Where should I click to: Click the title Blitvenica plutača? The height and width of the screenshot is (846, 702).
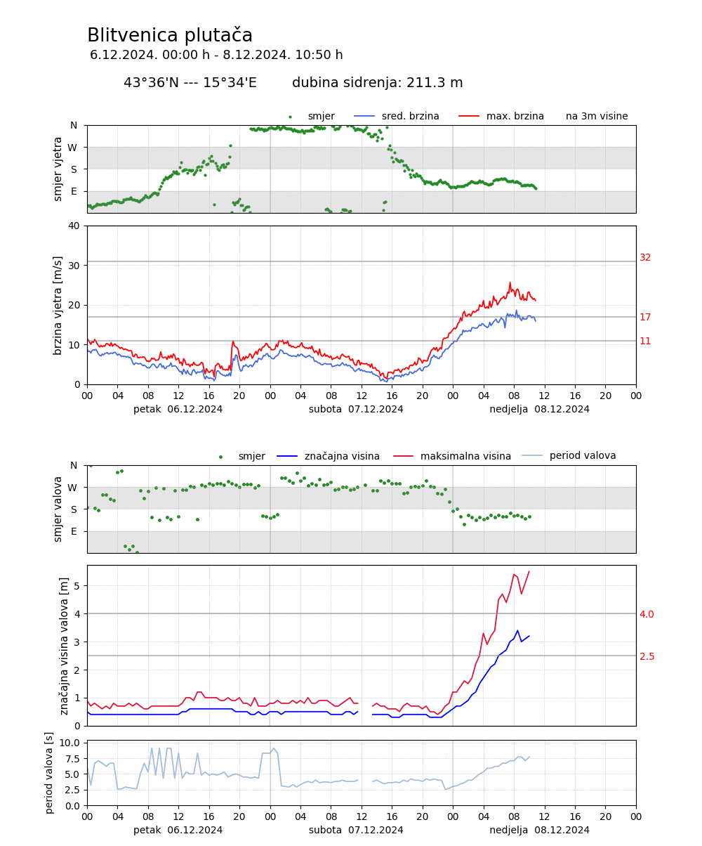[170, 36]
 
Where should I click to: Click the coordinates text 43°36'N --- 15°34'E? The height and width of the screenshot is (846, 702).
[190, 83]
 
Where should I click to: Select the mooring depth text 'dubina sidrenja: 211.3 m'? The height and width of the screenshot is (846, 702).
[378, 83]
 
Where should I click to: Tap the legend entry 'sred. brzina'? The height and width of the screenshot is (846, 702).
[410, 117]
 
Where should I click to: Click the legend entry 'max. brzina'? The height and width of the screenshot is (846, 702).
[515, 117]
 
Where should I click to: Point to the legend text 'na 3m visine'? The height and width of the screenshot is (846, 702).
[597, 117]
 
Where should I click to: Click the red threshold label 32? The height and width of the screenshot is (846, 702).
[645, 258]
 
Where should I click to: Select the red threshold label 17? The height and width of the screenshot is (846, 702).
[645, 318]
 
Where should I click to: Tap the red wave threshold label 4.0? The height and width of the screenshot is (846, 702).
[647, 614]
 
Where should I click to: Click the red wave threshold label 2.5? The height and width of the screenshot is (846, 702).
[647, 656]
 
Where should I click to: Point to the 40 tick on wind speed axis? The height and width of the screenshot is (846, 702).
[74, 226]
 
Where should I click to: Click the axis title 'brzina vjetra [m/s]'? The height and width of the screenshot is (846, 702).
[58, 305]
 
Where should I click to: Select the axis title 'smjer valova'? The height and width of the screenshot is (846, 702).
[58, 509]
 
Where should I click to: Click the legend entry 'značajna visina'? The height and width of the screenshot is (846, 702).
[342, 457]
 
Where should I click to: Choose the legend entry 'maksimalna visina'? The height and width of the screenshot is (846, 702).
[465, 457]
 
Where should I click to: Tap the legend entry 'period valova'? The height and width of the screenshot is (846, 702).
[583, 456]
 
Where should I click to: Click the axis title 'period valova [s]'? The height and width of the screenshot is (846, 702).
[49, 773]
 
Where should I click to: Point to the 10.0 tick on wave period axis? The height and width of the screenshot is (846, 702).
[69, 743]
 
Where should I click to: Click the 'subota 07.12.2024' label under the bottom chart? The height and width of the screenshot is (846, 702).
[356, 830]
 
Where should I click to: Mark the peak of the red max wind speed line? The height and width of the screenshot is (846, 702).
[510, 283]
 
